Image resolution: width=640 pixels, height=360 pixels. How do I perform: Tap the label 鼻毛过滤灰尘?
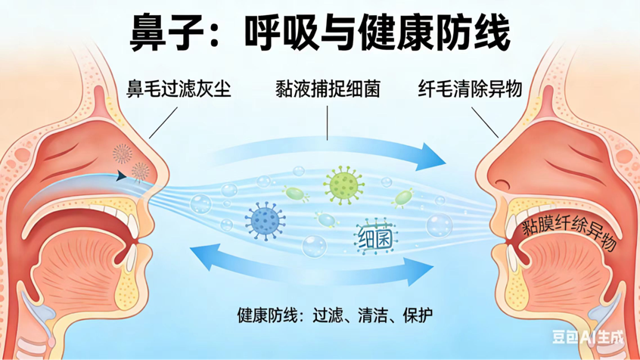[179, 89]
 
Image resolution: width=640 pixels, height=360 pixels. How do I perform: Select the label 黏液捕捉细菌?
[328, 89]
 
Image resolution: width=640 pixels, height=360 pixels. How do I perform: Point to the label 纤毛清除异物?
[470, 89]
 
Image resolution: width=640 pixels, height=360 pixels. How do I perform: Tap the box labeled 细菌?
[374, 239]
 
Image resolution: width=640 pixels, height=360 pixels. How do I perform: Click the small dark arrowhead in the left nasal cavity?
[120, 177]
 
